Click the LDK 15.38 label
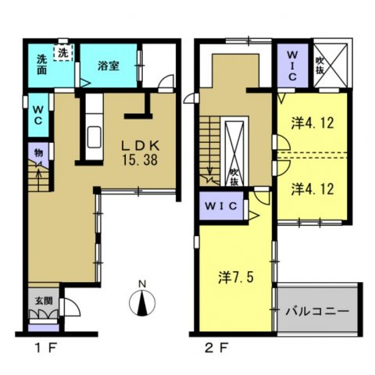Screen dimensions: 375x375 click(x=140, y=153)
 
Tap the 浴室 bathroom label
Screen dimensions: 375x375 click(x=109, y=66)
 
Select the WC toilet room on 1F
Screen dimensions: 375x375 click(x=38, y=115)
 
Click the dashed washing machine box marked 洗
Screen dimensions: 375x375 click(x=63, y=52)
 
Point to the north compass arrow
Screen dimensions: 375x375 click(x=142, y=303)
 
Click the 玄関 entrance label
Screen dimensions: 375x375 click(x=44, y=301)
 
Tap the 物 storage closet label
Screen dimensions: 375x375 click(x=38, y=153)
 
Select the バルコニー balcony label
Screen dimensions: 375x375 click(x=317, y=311)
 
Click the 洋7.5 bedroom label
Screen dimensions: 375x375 click(x=236, y=277)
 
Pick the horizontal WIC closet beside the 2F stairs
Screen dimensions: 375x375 click(x=221, y=206)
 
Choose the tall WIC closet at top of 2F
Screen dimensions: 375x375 click(x=292, y=66)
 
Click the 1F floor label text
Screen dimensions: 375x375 click(x=46, y=348)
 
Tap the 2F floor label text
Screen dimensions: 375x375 click(x=216, y=348)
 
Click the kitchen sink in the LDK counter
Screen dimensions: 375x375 click(x=94, y=137)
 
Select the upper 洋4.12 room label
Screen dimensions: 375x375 click(x=312, y=123)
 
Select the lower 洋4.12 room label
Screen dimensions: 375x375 click(x=312, y=189)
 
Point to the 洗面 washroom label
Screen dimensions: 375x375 click(x=41, y=65)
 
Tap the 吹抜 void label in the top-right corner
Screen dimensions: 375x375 click(x=320, y=66)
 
